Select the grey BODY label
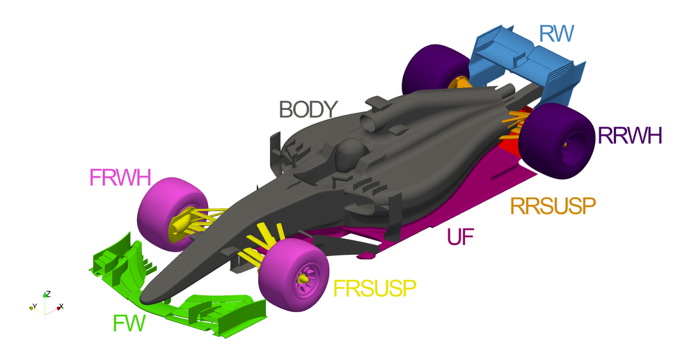(x=308, y=109)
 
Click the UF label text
(x=461, y=237)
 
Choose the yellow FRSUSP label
(x=374, y=287)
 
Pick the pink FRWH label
(x=120, y=178)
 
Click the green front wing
(x=209, y=310)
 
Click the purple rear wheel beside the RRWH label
(x=557, y=140)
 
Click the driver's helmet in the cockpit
(x=347, y=152)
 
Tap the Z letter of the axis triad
(x=47, y=294)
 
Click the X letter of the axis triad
(x=61, y=306)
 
